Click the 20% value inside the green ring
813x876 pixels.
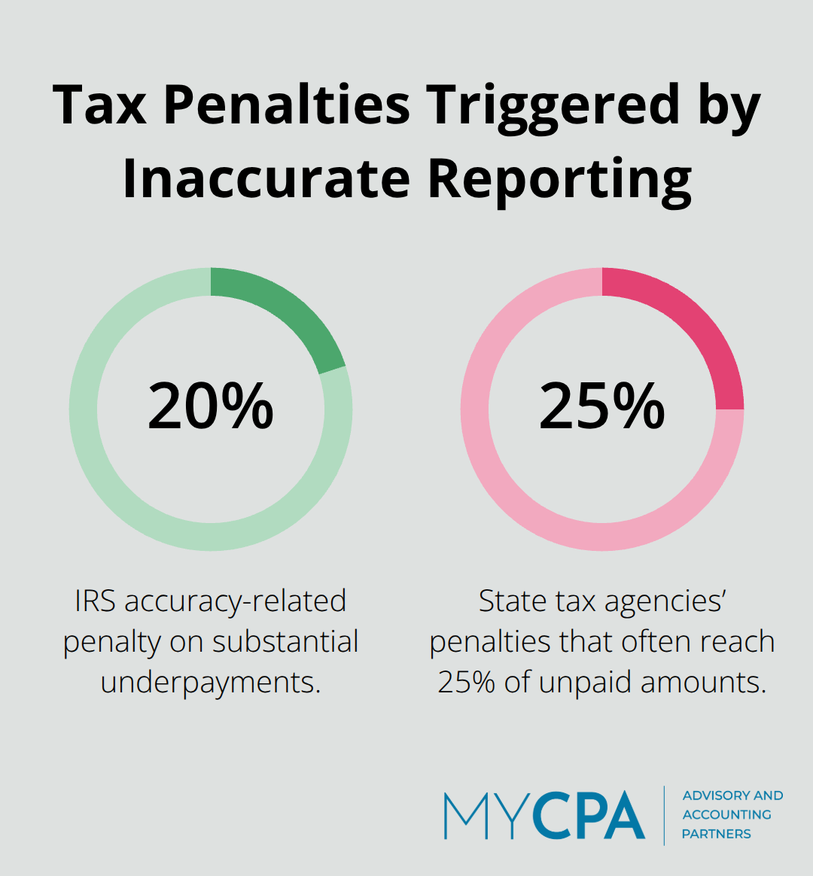coord(211,406)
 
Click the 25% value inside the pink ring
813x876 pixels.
coord(602,406)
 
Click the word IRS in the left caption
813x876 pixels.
coord(96,601)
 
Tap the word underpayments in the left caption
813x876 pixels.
coord(211,683)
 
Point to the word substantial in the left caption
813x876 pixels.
coord(285,642)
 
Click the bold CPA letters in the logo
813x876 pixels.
coord(590,816)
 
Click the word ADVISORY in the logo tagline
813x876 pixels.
coord(716,795)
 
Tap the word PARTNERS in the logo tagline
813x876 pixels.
coord(716,834)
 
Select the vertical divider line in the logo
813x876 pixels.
coord(664,816)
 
